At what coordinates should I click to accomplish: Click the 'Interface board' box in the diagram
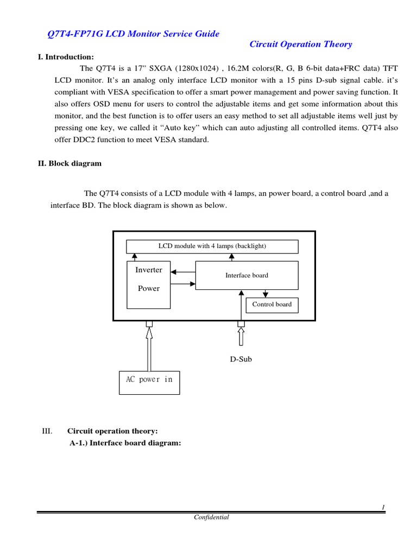click(247, 275)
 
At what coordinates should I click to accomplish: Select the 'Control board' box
click(271, 305)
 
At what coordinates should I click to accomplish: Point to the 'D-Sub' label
click(239, 359)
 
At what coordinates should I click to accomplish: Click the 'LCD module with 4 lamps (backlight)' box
click(212, 246)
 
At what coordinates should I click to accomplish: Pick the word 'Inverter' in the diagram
click(148, 270)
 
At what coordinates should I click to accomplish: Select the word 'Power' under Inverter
click(148, 288)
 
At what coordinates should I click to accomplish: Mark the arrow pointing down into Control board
click(264, 294)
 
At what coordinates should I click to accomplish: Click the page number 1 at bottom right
click(383, 507)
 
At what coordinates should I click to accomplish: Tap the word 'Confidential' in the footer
click(212, 517)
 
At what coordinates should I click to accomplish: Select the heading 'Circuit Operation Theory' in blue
click(301, 45)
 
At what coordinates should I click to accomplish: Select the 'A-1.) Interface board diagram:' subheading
click(124, 443)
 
